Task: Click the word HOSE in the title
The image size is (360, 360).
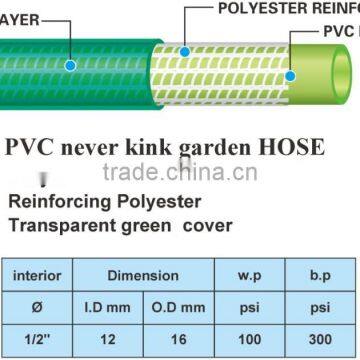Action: pyautogui.click(x=293, y=148)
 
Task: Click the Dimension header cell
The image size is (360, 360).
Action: pyautogui.click(x=144, y=275)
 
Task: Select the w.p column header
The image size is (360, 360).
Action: pyautogui.click(x=249, y=275)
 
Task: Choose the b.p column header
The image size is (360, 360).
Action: pyautogui.click(x=319, y=275)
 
